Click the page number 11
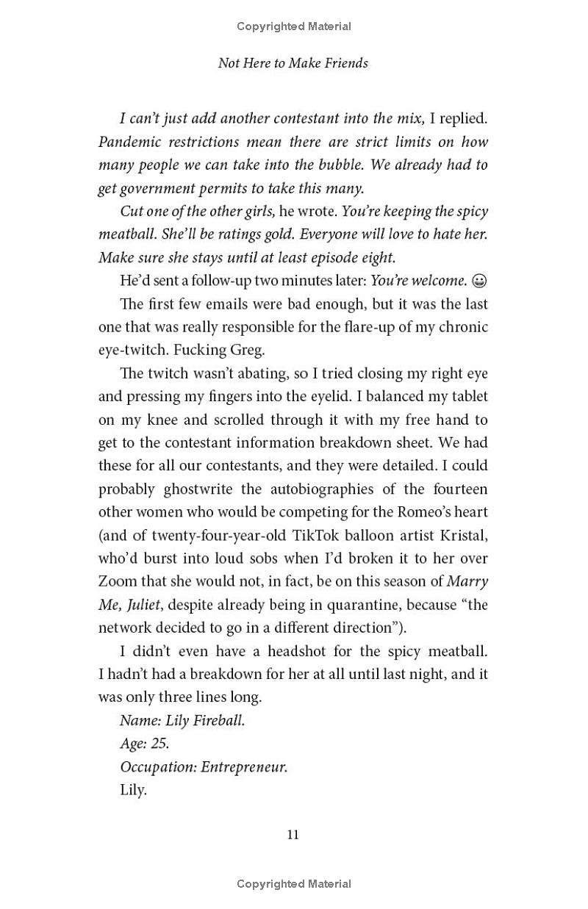coord(293,834)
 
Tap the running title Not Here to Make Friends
coord(293,63)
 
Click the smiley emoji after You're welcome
coord(479,281)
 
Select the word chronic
coord(462,327)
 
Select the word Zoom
coord(118,582)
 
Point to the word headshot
coord(298,651)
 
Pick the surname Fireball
coord(218,721)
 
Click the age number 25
coord(159,744)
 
